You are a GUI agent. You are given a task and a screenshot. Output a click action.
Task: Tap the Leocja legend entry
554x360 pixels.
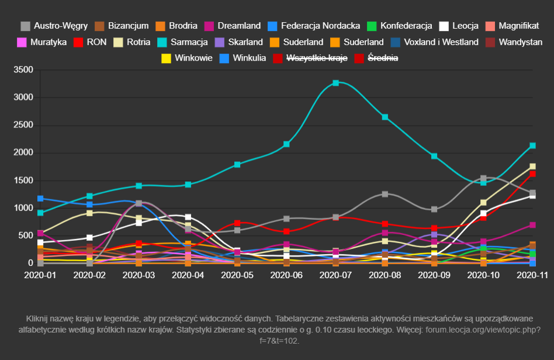465,26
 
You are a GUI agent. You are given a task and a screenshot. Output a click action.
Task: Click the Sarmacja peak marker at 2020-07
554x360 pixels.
336,83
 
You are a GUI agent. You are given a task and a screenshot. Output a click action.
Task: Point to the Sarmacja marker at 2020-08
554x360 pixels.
385,117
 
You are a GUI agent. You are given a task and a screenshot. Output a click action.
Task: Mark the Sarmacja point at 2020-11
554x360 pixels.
533,146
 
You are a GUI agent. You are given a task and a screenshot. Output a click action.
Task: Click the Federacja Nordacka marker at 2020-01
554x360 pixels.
40,199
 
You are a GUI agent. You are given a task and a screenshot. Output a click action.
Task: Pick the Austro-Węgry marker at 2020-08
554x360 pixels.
385,194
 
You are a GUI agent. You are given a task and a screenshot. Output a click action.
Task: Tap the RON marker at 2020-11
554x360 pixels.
533,174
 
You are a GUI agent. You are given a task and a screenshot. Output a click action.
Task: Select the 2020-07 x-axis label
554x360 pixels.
336,275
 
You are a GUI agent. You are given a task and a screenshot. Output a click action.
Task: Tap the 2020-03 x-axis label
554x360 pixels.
139,275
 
